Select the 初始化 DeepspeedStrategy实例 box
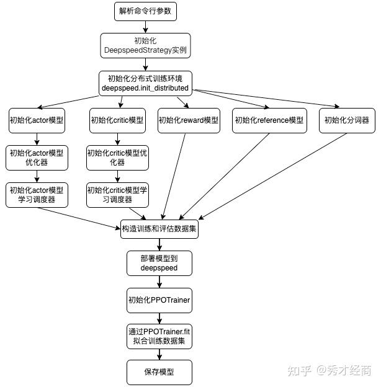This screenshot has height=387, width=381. click(x=146, y=45)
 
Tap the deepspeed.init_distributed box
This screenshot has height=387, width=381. click(x=145, y=83)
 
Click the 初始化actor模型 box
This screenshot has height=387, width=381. click(x=37, y=120)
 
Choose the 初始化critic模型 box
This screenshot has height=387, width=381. click(x=117, y=120)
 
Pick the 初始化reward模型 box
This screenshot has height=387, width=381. click(x=189, y=120)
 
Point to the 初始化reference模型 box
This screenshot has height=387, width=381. click(x=269, y=120)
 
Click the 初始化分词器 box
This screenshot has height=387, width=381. click(x=347, y=120)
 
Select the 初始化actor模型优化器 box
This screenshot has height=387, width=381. click(x=37, y=158)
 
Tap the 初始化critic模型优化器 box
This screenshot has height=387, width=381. click(x=117, y=158)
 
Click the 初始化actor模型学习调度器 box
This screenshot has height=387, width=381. click(x=37, y=194)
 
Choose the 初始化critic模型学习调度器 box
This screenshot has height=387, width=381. click(x=117, y=194)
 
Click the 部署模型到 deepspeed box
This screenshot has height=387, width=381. click(x=159, y=263)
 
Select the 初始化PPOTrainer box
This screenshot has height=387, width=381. click(x=159, y=300)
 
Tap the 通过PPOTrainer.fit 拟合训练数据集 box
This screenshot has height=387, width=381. click(x=159, y=336)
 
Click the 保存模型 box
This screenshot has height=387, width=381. click(x=159, y=372)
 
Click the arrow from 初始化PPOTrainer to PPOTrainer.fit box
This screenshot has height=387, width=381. click(x=159, y=318)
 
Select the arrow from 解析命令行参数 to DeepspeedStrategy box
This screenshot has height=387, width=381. click(x=146, y=26)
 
